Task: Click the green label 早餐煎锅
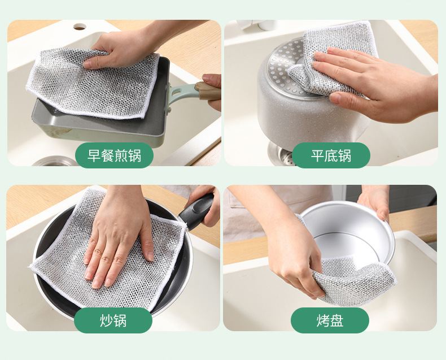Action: pyautogui.click(x=114, y=155)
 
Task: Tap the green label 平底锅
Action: pyautogui.click(x=331, y=155)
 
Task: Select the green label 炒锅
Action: pyautogui.click(x=113, y=320)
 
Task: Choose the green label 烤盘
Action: pyautogui.click(x=330, y=320)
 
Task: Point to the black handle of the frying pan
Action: pyautogui.click(x=196, y=211)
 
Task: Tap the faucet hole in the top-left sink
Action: pyautogui.click(x=80, y=27)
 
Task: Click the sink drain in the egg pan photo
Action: pyautogui.click(x=54, y=161)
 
